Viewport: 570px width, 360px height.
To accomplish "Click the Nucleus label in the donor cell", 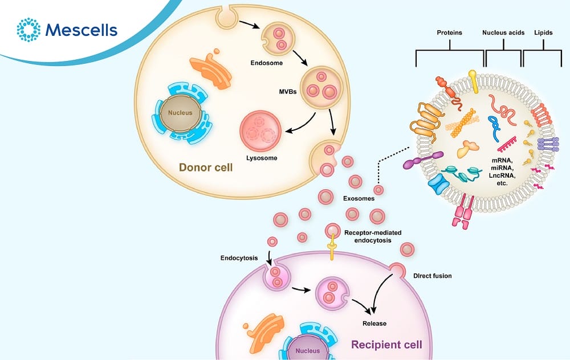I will [x=180, y=113].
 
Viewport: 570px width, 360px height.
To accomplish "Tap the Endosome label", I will [x=266, y=63].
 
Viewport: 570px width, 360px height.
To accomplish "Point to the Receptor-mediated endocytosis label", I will [x=373, y=236].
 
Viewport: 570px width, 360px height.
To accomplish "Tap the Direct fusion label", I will [x=431, y=276].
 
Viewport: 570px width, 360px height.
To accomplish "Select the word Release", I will [x=374, y=324].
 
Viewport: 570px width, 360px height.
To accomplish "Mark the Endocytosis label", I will [x=239, y=257].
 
